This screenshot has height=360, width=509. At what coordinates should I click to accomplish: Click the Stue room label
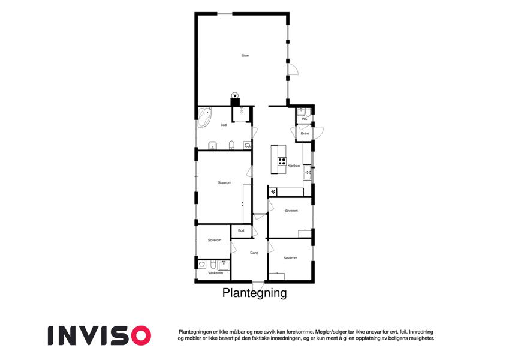(245, 56)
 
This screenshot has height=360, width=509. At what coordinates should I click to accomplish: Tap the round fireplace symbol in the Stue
(235, 95)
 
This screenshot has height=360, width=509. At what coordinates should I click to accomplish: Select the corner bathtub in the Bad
(204, 117)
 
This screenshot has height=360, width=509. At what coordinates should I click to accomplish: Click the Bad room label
(224, 125)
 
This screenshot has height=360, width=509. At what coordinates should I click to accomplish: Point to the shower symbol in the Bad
(242, 111)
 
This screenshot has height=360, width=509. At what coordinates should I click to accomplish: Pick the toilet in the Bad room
(231, 145)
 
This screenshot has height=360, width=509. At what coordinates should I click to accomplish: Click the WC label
(305, 119)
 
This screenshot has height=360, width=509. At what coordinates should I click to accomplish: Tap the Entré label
(305, 134)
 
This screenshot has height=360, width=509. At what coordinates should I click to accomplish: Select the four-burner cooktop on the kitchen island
(282, 161)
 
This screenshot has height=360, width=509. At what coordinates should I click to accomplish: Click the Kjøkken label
(294, 166)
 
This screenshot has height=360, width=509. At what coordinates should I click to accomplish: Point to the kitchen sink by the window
(307, 172)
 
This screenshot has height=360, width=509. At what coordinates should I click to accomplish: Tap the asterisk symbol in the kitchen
(273, 192)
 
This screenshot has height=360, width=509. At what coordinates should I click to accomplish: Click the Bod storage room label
(241, 230)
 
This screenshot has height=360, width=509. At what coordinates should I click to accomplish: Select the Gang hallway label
(254, 253)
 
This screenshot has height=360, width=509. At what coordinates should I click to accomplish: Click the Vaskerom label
(216, 273)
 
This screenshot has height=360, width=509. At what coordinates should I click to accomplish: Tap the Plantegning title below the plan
(254, 293)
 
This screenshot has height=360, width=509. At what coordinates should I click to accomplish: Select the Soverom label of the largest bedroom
(225, 182)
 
